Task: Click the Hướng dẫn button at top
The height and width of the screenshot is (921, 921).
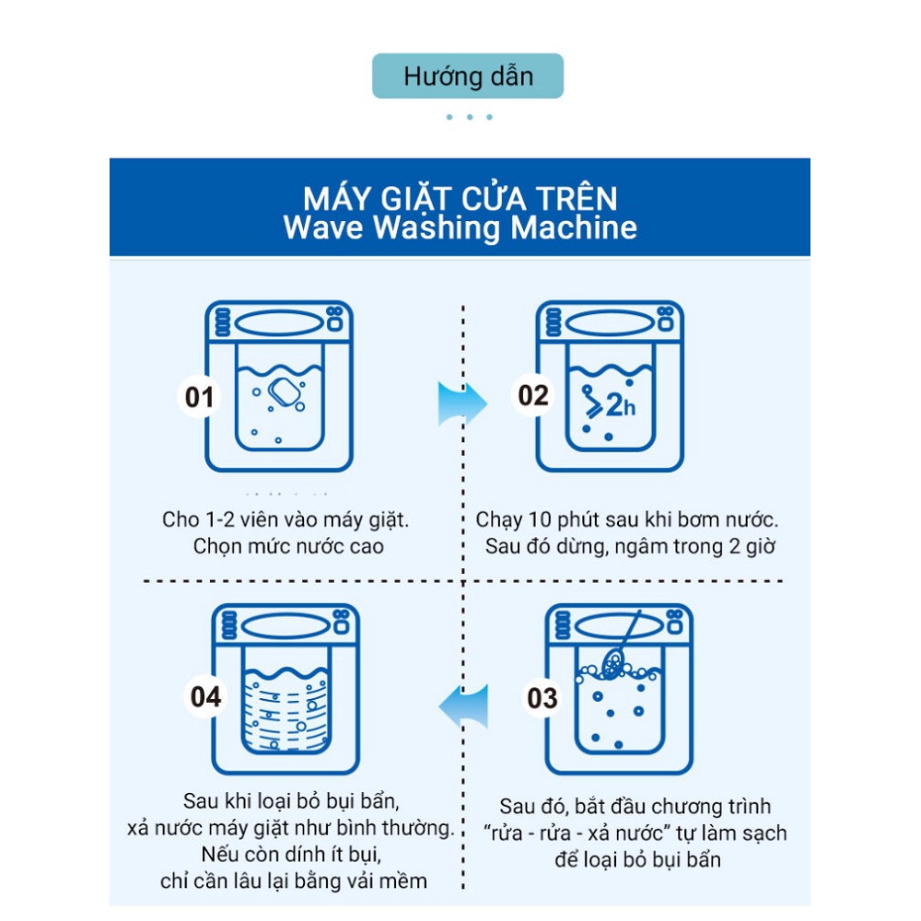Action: [468, 76]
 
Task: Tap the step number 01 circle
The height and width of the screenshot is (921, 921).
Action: [199, 397]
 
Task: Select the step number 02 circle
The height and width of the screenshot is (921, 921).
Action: [532, 395]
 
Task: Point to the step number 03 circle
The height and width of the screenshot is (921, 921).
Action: [542, 698]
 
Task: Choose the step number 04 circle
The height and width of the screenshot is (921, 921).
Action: [205, 696]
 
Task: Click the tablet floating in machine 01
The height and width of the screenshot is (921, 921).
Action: [285, 391]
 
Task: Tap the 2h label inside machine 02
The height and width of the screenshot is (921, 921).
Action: [620, 404]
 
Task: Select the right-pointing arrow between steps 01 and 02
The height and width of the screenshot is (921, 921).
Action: [462, 403]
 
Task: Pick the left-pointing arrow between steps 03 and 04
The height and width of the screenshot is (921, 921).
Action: [463, 706]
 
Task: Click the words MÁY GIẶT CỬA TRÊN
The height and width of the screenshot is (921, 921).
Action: [460, 198]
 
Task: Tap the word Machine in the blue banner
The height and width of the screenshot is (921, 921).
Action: [574, 227]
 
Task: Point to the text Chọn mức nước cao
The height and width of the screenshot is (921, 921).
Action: [288, 546]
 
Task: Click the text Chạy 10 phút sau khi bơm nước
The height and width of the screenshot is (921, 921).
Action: [626, 519]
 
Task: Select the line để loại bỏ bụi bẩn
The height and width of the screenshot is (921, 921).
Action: [637, 860]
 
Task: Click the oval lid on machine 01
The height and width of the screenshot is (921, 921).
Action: [279, 323]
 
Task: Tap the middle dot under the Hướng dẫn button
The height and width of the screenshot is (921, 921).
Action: [470, 117]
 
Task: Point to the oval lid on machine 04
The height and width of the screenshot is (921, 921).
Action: [286, 626]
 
